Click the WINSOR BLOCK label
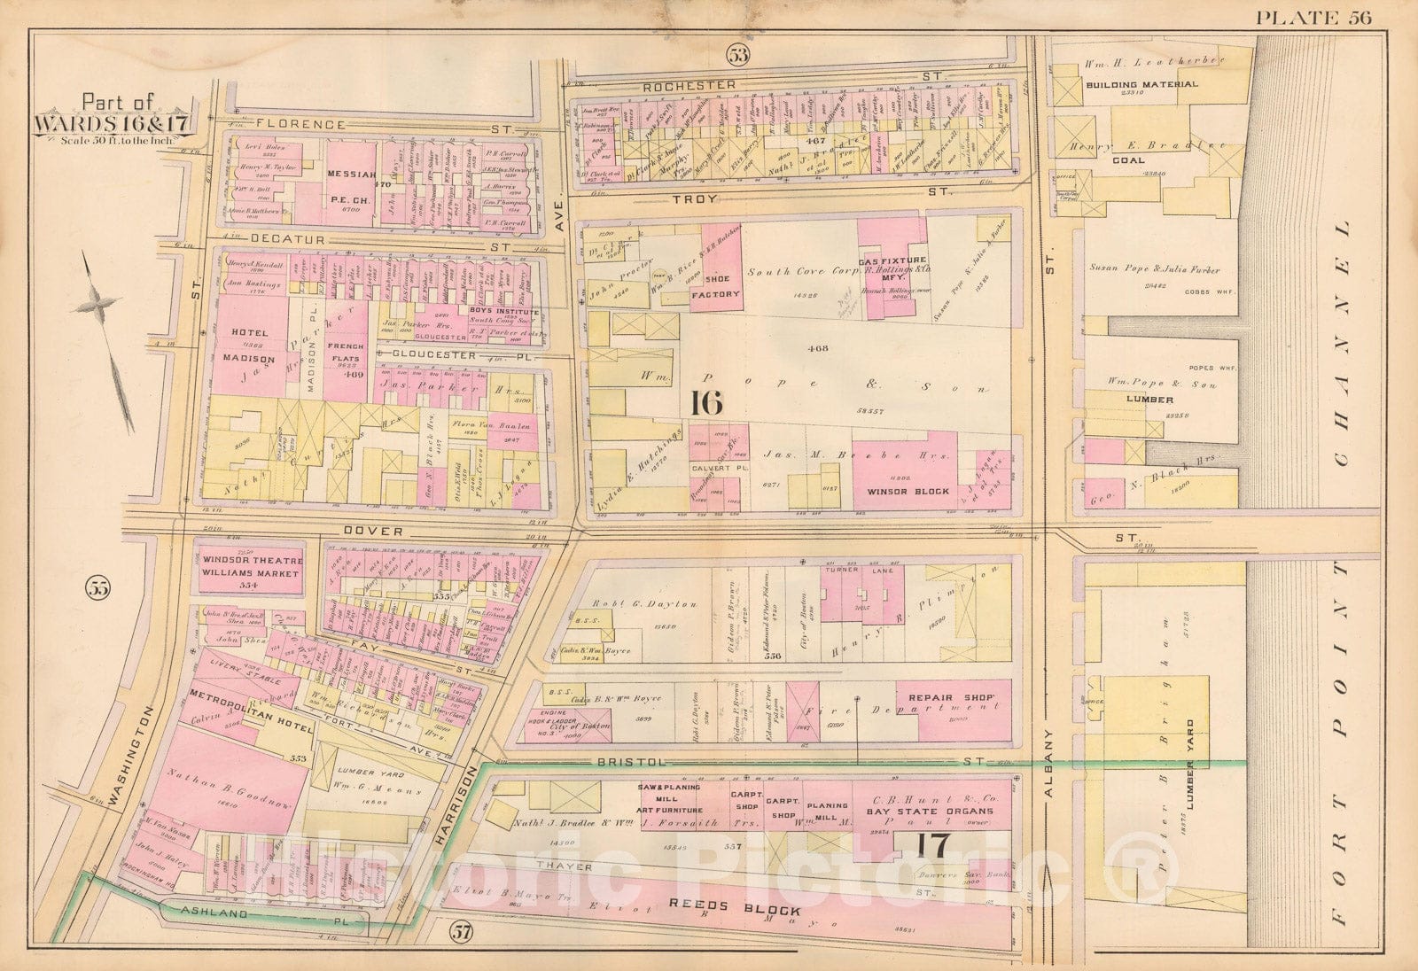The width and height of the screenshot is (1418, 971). click(x=908, y=491)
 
